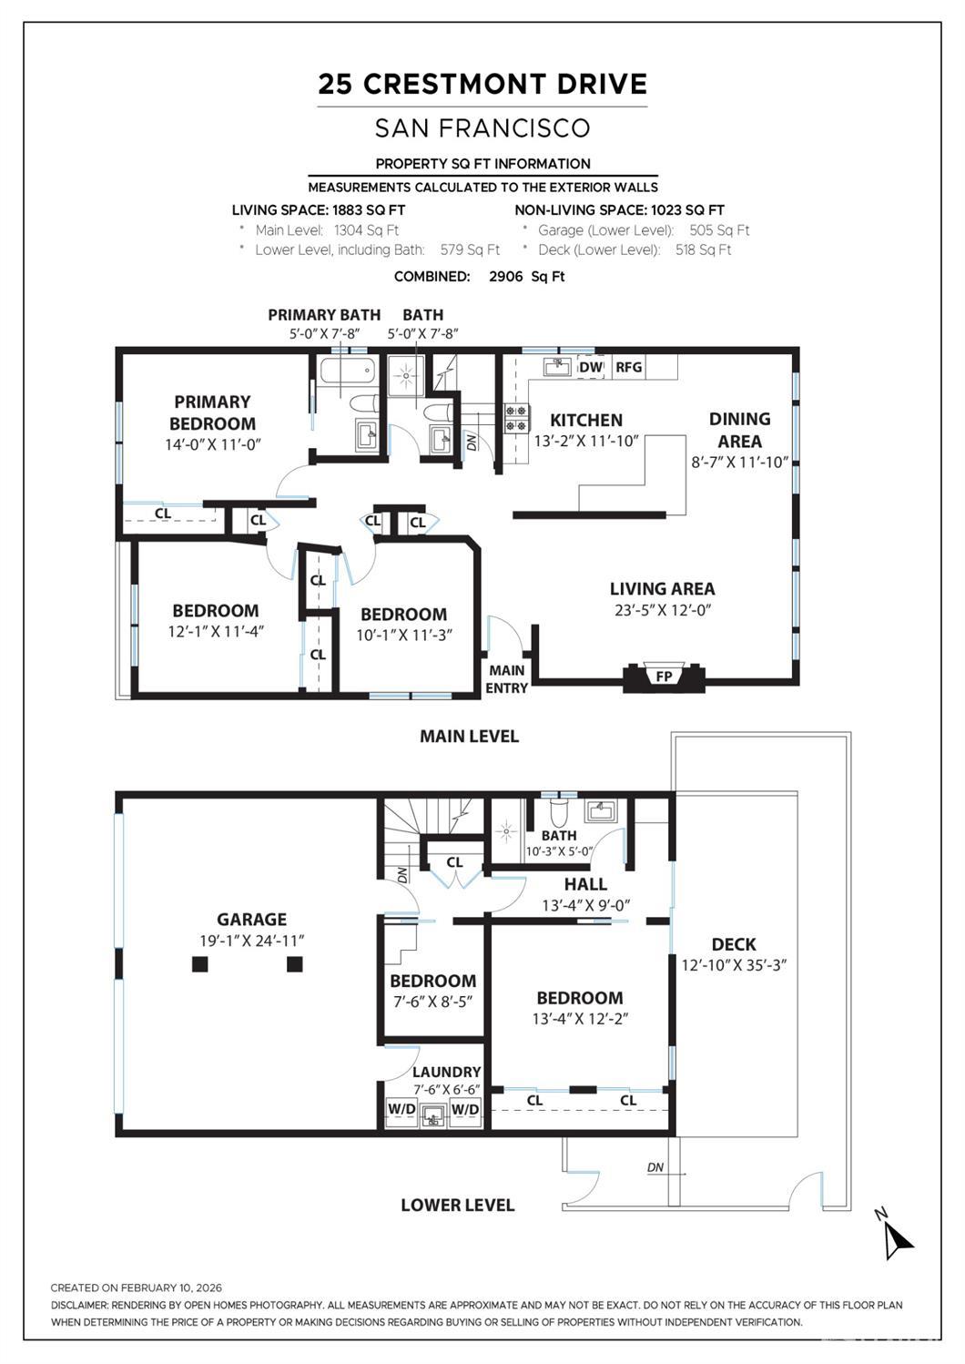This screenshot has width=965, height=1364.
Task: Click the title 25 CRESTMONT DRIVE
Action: [482, 85]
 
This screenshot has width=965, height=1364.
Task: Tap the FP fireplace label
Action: [664, 677]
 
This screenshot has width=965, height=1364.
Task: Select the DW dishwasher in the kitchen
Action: [591, 367]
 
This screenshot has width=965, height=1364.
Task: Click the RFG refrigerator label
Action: [629, 367]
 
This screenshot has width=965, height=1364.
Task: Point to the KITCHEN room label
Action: [586, 420]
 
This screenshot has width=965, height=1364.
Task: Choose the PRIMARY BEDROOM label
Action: [212, 412]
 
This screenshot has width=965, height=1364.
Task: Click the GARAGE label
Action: [251, 920]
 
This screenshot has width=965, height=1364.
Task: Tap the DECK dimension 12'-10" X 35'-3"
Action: [734, 965]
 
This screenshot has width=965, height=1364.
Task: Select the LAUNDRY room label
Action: [446, 1072]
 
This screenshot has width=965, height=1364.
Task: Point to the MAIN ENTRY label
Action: [506, 679]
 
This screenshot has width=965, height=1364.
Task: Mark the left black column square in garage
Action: [200, 964]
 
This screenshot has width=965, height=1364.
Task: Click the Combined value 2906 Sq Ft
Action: [526, 277]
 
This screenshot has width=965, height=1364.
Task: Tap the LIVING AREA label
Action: [662, 589]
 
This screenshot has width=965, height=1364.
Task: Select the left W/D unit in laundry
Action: [401, 1109]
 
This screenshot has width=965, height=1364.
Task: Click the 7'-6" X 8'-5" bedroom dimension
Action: [433, 1002]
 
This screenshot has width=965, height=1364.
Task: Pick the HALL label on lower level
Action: [585, 884]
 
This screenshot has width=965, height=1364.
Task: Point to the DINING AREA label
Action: [739, 430]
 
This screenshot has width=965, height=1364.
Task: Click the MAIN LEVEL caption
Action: [469, 736]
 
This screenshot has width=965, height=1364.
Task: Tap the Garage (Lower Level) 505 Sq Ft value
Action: [719, 230]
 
